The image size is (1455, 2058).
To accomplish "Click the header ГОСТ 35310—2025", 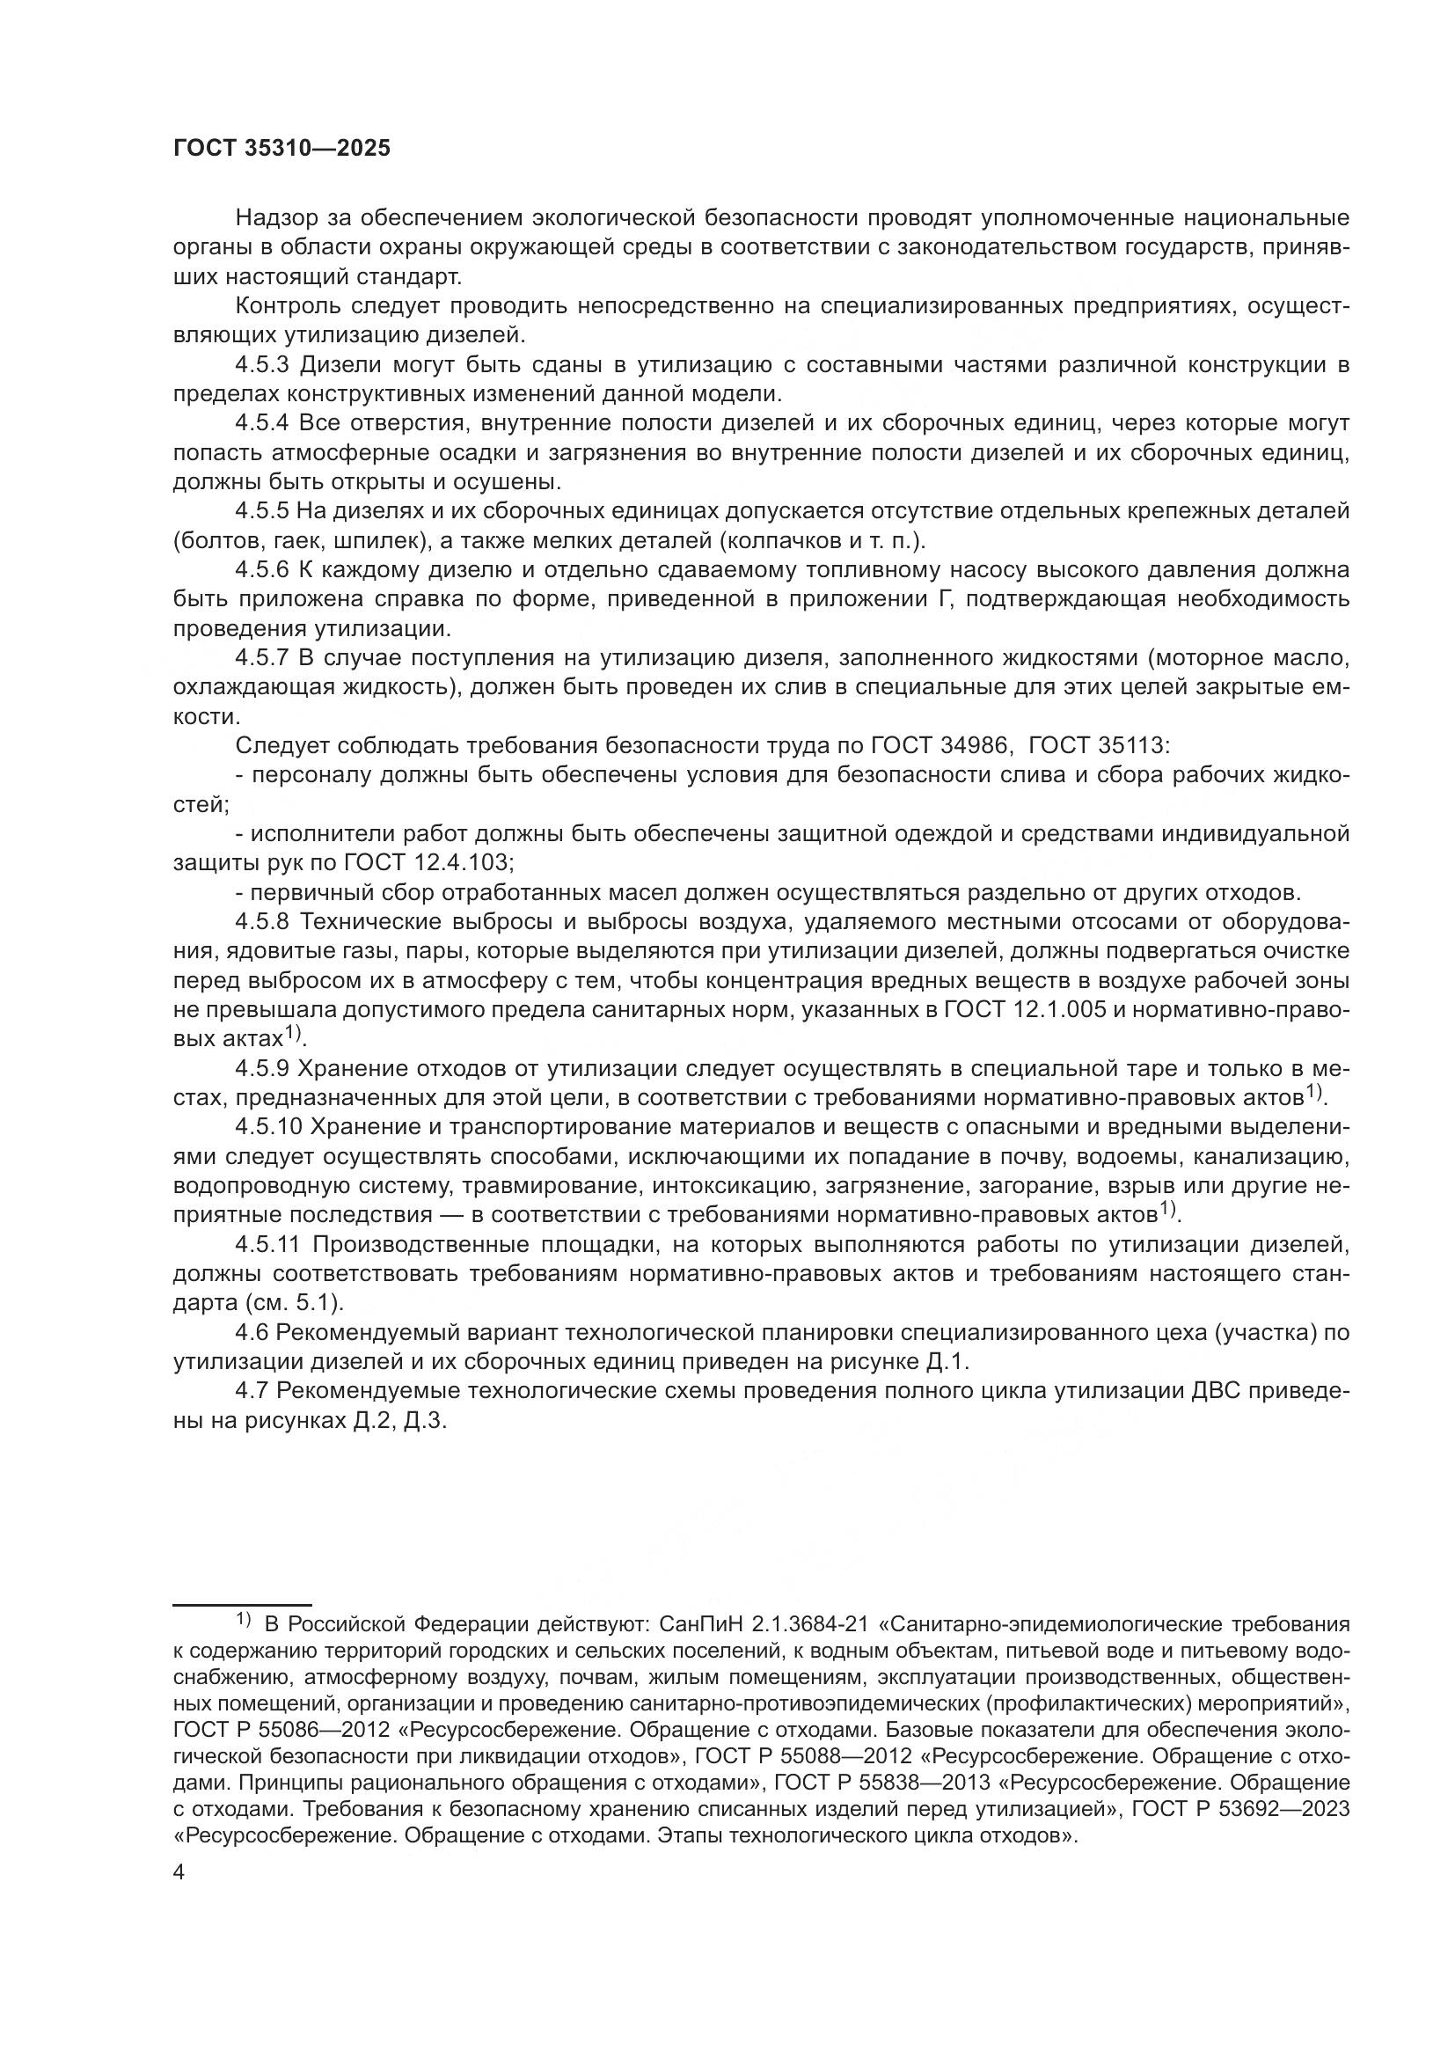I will (x=282, y=149).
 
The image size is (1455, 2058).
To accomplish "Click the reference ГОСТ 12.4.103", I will (x=427, y=863).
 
